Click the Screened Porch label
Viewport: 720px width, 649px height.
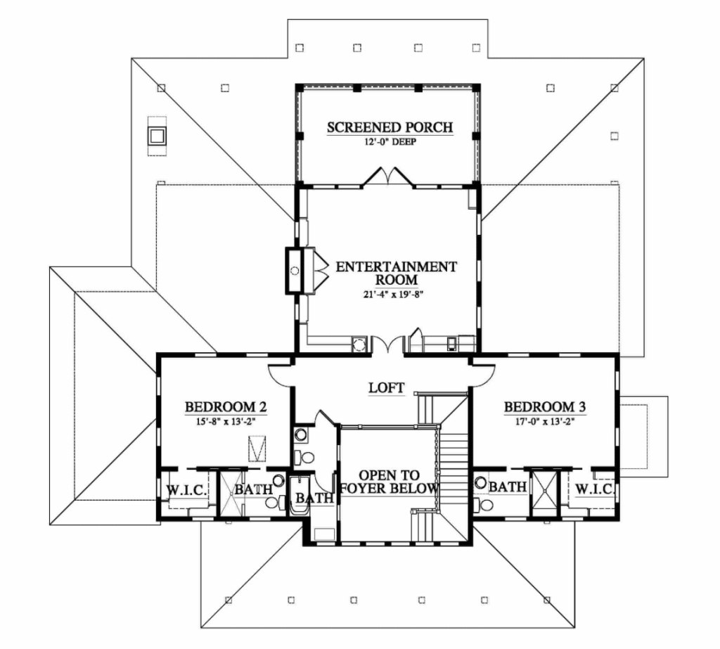coord(390,127)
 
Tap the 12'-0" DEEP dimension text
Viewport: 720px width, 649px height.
coord(390,142)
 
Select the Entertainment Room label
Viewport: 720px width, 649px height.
coord(397,273)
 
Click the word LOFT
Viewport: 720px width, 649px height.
coord(387,388)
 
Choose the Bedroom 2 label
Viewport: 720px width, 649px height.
coord(226,407)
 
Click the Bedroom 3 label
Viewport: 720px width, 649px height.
coord(545,407)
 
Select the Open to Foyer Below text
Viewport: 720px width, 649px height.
coord(388,482)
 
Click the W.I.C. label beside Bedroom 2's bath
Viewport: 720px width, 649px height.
coord(186,490)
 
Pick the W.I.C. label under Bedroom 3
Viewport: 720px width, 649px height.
coord(595,489)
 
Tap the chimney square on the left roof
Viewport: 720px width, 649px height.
coord(157,136)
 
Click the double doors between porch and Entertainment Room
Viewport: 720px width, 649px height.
coord(390,176)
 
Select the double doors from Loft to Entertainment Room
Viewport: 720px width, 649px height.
coord(389,345)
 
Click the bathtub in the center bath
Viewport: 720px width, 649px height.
coord(301,495)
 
